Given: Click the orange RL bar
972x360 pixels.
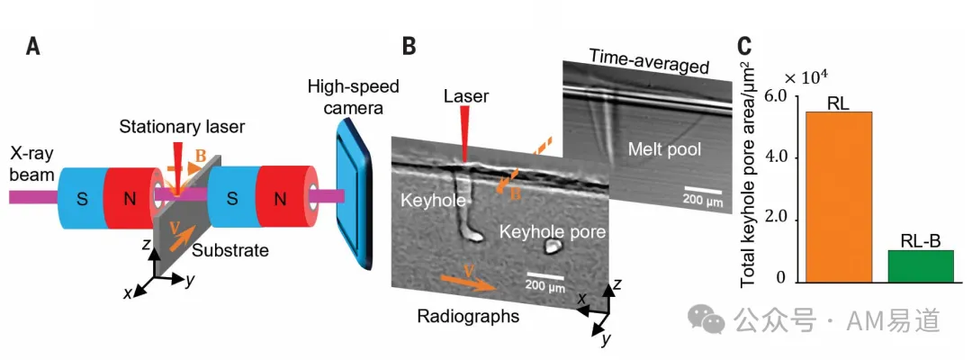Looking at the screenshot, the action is (838, 197).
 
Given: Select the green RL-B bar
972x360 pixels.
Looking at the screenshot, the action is (921, 266).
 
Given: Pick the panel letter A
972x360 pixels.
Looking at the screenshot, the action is (33, 47).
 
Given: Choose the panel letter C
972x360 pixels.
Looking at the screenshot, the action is (745, 47).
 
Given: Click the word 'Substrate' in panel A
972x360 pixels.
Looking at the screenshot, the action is (230, 250).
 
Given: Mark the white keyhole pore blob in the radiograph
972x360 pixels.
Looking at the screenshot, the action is (551, 247).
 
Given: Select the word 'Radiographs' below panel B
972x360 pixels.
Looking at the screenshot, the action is (467, 316).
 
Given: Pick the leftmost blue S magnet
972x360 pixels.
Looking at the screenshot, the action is (81, 197).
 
